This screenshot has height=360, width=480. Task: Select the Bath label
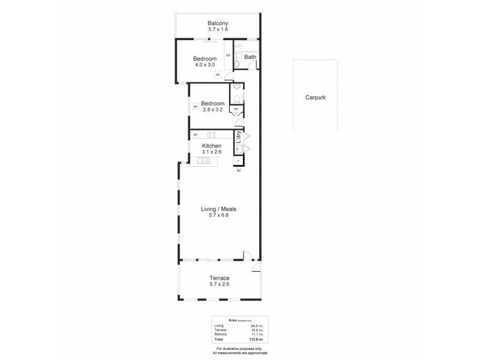coord(250,58)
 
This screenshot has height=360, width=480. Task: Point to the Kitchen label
coord(211,146)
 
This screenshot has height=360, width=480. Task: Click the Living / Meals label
coord(218,209)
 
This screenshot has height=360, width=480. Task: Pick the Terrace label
coord(219,278)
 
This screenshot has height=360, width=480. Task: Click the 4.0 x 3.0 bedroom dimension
coord(205,65)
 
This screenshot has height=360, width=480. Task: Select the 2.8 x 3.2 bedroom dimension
coord(212,110)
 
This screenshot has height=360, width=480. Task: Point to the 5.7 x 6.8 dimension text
coord(218,215)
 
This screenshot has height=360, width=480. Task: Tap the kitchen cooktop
coord(211,134)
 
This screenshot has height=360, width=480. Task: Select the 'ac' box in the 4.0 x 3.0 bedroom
coord(218,74)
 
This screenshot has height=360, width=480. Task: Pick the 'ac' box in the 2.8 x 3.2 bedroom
coord(195,107)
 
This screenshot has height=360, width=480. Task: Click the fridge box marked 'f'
coord(239,161)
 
